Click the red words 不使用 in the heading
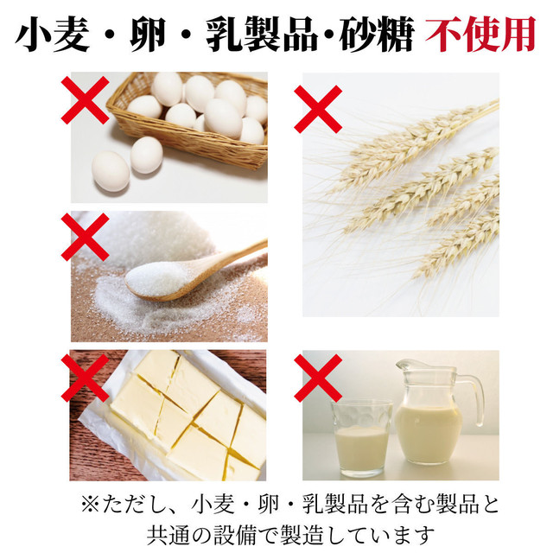(480, 34)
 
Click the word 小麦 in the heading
(52, 34)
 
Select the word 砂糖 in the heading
(377, 34)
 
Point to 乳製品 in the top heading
(262, 34)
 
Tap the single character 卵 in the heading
(148, 34)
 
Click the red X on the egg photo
(85, 100)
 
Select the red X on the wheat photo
(318, 109)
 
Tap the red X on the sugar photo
(85, 237)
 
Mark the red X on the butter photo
(85, 378)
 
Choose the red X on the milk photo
(318, 378)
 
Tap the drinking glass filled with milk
(361, 439)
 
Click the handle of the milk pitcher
(474, 398)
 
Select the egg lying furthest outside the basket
(111, 171)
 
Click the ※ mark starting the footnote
(92, 505)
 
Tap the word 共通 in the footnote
(168, 536)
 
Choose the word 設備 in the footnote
(234, 536)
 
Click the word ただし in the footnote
(135, 505)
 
